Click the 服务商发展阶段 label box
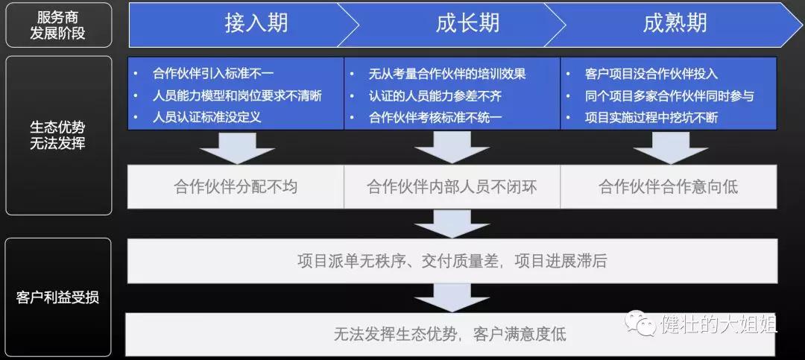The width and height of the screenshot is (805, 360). (x=59, y=25)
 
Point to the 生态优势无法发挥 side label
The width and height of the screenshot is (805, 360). (x=59, y=136)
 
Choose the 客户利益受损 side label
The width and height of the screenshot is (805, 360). (x=59, y=297)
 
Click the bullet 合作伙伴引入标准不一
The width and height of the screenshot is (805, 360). (x=213, y=74)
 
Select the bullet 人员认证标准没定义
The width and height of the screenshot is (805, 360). (x=207, y=117)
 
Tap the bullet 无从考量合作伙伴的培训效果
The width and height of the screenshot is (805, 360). (x=447, y=74)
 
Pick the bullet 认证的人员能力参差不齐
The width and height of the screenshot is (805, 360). (x=435, y=95)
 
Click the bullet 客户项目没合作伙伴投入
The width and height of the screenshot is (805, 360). (x=651, y=74)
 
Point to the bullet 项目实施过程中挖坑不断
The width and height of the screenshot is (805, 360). (x=651, y=117)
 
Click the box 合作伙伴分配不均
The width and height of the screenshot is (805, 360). (x=236, y=186)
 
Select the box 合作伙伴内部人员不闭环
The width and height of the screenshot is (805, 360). (x=452, y=186)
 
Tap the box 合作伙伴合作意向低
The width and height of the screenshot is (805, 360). (x=669, y=186)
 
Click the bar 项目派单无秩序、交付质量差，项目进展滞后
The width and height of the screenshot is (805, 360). (x=452, y=261)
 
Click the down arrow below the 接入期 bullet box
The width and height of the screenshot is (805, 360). (x=237, y=148)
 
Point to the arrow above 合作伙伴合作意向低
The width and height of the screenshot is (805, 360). (x=671, y=148)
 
